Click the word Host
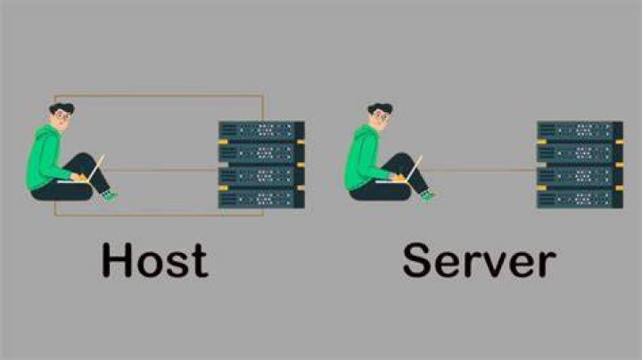(155, 260)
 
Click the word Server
(479, 260)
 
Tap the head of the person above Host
(62, 116)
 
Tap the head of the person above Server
(381, 116)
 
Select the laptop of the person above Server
(402, 172)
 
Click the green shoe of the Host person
(110, 195)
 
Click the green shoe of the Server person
(428, 195)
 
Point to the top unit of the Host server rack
(261, 130)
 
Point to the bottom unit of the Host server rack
(261, 200)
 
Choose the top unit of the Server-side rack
(580, 130)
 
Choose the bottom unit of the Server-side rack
(580, 200)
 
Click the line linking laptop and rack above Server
(479, 169)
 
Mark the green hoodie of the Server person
(363, 158)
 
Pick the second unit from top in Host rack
(261, 153)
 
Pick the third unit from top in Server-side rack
(580, 176)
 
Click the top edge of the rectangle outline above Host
(159, 95)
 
